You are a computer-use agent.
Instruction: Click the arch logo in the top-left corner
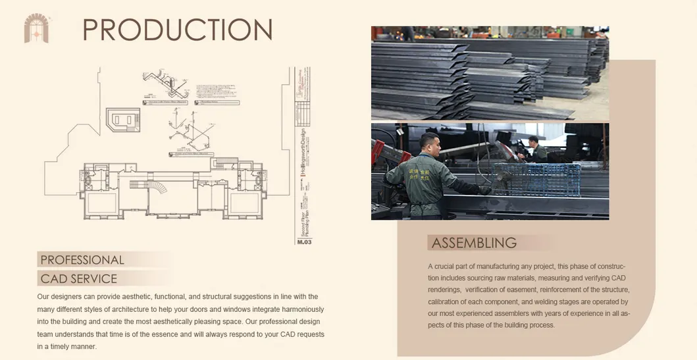coord(37,28)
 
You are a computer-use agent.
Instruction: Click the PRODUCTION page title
coord(177,30)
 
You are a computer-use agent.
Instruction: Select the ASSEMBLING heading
coord(474,243)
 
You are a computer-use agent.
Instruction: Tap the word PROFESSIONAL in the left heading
coord(82,260)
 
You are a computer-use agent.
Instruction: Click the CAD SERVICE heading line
coord(78,278)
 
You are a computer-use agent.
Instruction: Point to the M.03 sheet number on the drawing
coord(304,242)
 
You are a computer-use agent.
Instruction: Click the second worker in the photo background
coord(535,149)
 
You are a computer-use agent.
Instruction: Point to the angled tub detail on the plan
coord(123,120)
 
